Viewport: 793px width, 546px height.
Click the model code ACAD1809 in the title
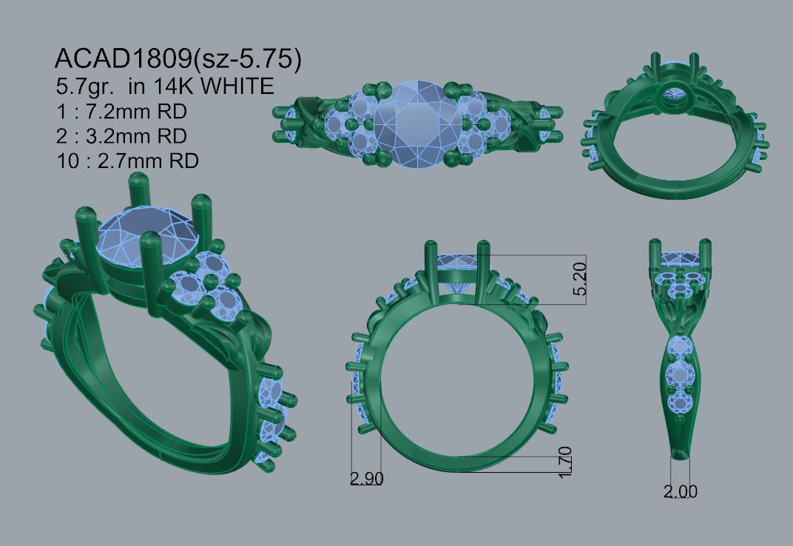pyautogui.click(x=124, y=58)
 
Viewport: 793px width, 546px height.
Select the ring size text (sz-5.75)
pyautogui.click(x=247, y=59)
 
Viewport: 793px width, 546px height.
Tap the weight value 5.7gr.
pyautogui.click(x=84, y=87)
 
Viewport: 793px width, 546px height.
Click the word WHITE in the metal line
pyautogui.click(x=237, y=86)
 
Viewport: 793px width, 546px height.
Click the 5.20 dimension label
pyautogui.click(x=581, y=279)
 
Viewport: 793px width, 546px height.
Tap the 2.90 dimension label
pyautogui.click(x=367, y=478)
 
